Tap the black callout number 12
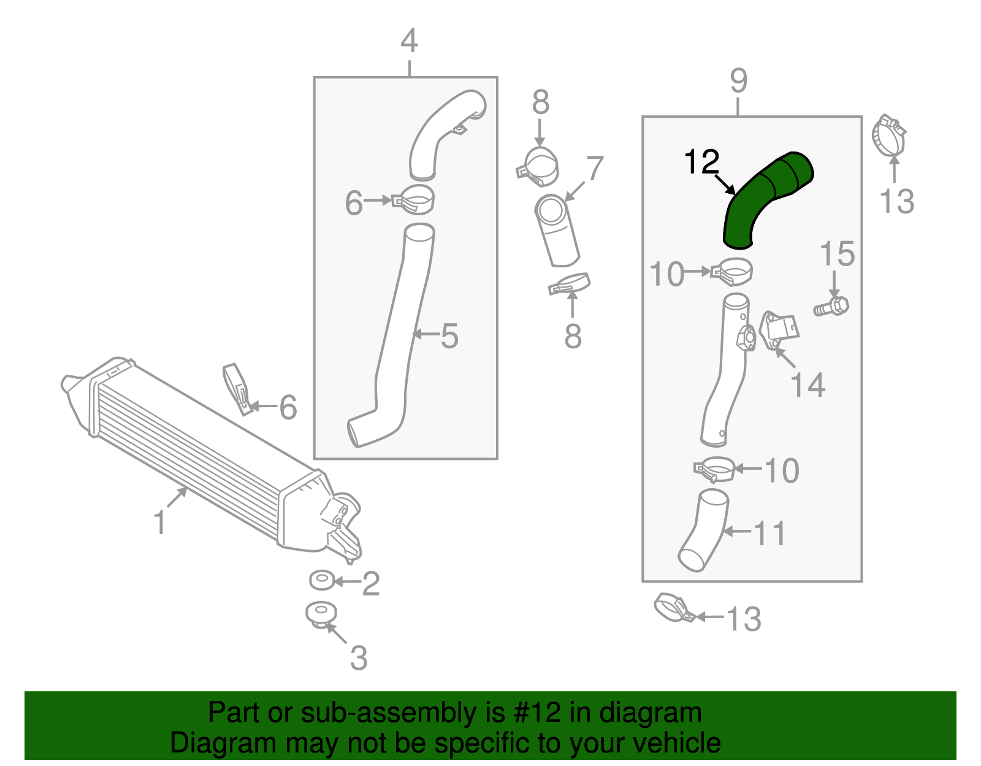point(701,162)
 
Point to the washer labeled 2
point(322,580)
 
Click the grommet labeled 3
point(321,613)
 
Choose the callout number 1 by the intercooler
point(159,523)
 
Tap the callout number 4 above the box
point(409,42)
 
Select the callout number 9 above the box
point(739,81)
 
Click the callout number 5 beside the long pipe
point(449,336)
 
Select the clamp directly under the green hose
point(732,271)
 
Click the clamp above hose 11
point(715,470)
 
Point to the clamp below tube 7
point(570,284)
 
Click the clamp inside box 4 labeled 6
point(414,199)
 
